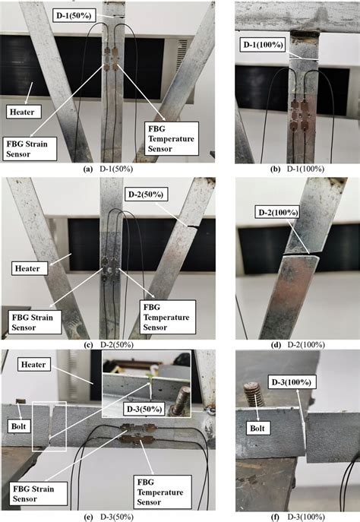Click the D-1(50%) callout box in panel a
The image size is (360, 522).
pos(74,15)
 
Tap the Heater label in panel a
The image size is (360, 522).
pos(24,112)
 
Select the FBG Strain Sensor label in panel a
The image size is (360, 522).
pos(30,148)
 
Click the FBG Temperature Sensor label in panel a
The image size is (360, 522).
pos(172,138)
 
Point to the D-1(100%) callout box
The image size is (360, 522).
pos(263,44)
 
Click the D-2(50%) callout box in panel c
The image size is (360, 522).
pos(146,194)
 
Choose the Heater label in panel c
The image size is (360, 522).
pos(30,268)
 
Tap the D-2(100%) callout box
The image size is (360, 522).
pos(276,212)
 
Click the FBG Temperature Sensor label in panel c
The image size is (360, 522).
pos(167,317)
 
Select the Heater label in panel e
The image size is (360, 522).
pos(34,364)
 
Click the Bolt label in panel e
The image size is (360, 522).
pos(19,426)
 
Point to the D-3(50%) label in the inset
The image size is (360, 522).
pos(144,409)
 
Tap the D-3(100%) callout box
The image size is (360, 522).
pos(292,382)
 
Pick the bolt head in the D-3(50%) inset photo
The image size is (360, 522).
pos(180,400)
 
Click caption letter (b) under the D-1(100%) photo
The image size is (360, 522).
pos(276,169)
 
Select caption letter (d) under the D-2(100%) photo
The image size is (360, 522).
pos(276,344)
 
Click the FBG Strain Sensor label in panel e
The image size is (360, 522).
pos(37,493)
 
